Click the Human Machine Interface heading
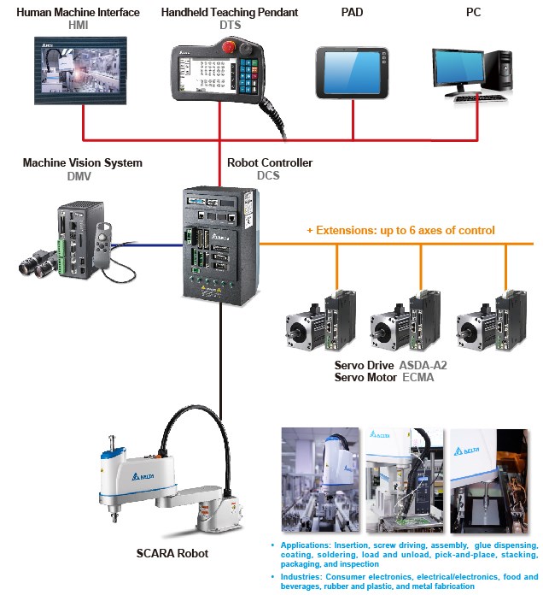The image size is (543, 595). coord(79,13)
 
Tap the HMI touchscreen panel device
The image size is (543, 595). coord(78,78)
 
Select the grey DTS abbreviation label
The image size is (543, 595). coord(229,26)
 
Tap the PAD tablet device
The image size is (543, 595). coord(352,74)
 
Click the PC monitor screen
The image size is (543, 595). coord(459,70)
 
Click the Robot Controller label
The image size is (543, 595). coord(269,162)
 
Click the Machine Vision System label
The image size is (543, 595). coord(82,162)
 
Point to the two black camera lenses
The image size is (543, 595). coord(39,266)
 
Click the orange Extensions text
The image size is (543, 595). coord(400,230)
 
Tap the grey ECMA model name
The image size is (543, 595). coord(417,377)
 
